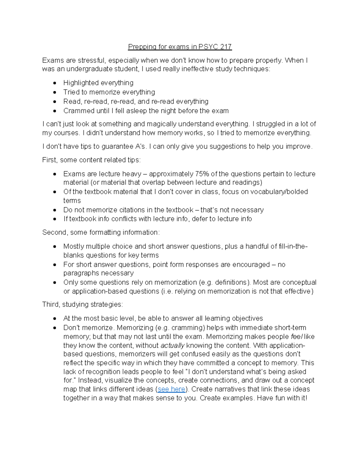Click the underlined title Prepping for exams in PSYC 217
180,47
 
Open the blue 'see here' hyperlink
171,389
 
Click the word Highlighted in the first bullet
79,83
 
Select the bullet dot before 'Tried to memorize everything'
55,92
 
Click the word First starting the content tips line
49,160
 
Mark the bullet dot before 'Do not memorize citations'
55,210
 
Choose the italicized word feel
297,336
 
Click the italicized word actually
172,345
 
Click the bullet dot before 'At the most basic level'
55,319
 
